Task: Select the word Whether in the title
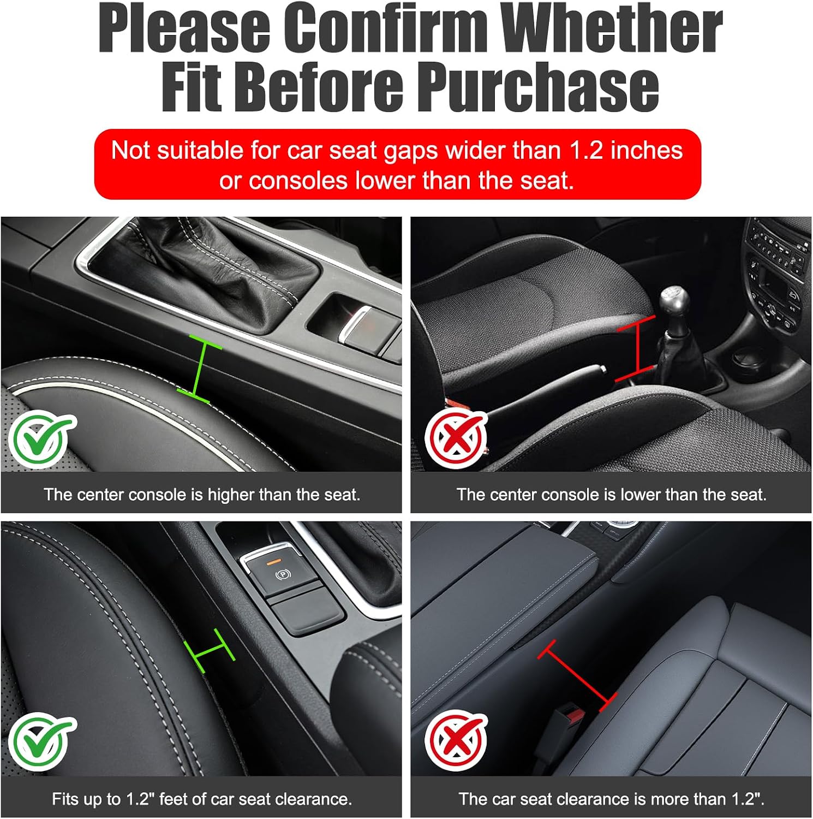(x=611, y=27)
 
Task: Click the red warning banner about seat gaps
(x=397, y=164)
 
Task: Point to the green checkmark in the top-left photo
(x=43, y=440)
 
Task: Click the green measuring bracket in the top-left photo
(x=199, y=369)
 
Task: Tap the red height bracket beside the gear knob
(x=636, y=348)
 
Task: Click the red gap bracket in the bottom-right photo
(x=577, y=676)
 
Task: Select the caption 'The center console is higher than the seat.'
(x=202, y=495)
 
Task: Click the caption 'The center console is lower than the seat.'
(x=612, y=495)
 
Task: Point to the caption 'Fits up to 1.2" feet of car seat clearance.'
(x=202, y=799)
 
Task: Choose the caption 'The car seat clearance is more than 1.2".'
(x=611, y=799)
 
